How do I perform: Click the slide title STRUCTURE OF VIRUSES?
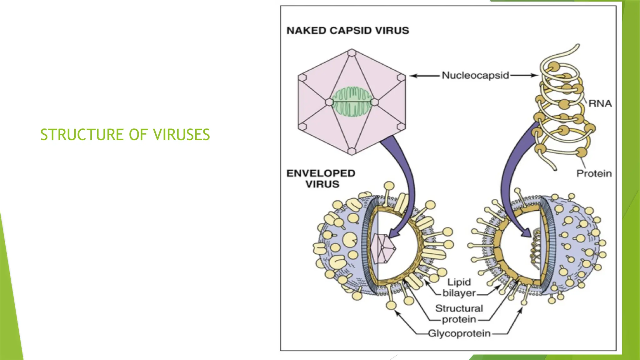coord(125,135)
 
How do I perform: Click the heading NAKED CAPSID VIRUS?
coord(347,31)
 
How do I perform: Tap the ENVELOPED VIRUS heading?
coord(321,178)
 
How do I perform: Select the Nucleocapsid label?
coord(475,75)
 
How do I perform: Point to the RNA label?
coord(600,103)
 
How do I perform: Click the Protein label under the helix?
coord(594,173)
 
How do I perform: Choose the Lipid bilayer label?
coord(459,287)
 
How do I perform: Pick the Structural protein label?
coord(459,314)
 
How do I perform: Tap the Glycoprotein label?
coord(459,333)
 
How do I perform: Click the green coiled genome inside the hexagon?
coord(352,102)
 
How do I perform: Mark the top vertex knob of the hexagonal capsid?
coord(352,52)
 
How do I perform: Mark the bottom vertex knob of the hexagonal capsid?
coord(352,152)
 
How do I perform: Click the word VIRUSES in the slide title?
coord(181,135)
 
